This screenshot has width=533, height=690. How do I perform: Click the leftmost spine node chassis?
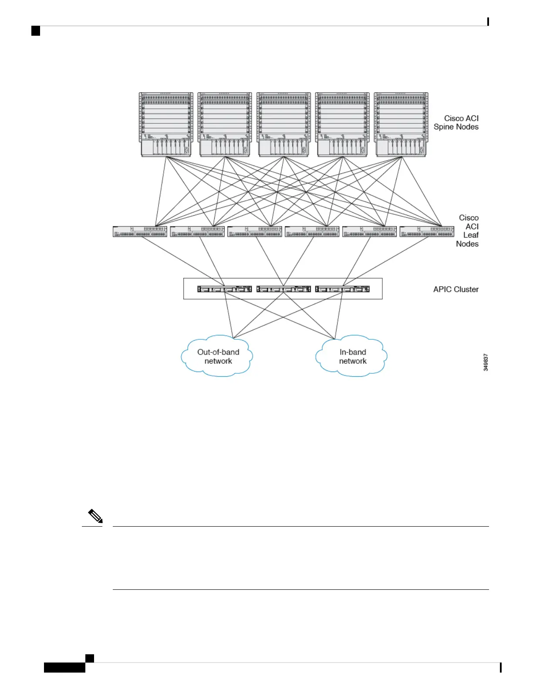(166, 124)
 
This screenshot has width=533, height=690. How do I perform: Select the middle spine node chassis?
(283, 124)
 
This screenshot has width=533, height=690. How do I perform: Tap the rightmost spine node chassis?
(401, 124)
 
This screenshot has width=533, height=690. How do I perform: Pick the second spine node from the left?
(225, 124)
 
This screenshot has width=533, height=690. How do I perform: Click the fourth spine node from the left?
(342, 124)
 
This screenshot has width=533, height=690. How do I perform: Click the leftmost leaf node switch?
(140, 231)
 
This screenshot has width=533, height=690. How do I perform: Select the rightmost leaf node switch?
(427, 231)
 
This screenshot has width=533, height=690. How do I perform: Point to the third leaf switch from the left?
(255, 231)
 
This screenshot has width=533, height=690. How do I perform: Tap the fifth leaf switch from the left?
(370, 231)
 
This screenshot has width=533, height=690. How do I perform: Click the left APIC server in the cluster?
(225, 289)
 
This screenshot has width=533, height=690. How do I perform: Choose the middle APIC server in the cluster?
(283, 289)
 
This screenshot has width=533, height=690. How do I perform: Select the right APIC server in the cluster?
(342, 289)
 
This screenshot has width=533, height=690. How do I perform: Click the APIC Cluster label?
(455, 289)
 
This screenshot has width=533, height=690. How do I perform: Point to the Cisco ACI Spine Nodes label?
(456, 122)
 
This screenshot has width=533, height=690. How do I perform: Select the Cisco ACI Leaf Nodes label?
(468, 231)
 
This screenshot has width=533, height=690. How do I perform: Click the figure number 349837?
(486, 362)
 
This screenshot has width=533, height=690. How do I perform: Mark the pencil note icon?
(95, 517)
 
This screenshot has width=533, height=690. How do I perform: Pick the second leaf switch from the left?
(197, 231)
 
